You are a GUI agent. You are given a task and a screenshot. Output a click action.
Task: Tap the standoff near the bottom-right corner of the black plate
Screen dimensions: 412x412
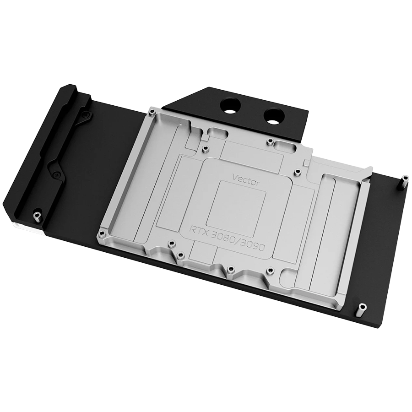(362, 309)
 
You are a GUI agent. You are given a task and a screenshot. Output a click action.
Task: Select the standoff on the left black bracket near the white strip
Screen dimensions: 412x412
(36, 216)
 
